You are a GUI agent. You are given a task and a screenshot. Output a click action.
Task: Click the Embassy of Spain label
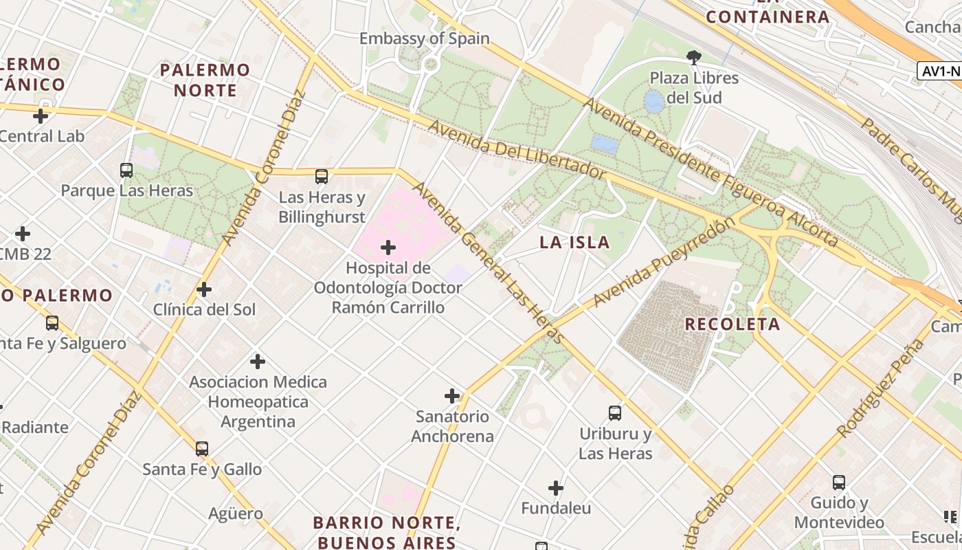click(424, 38)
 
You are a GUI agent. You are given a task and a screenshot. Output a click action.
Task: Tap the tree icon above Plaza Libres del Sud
click(694, 57)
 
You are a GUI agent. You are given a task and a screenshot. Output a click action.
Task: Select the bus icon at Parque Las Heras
click(126, 170)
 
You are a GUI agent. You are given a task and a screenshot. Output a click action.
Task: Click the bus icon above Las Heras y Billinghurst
click(322, 177)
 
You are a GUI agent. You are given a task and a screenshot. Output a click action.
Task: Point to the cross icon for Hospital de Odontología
click(388, 247)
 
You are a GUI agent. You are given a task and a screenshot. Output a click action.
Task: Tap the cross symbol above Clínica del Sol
click(204, 289)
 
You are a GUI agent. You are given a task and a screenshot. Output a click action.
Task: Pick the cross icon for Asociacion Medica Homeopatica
click(258, 362)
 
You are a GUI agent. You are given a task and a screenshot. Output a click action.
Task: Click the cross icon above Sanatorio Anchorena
click(452, 396)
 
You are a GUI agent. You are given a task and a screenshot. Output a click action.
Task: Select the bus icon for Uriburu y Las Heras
click(615, 413)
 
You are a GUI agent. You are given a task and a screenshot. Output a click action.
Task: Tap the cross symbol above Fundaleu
click(556, 489)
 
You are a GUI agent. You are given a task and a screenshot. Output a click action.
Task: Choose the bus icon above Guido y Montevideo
click(839, 483)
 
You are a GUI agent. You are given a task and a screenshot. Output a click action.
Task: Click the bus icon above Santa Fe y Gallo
click(201, 449)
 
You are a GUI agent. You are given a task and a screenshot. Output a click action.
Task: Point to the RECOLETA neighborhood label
click(732, 324)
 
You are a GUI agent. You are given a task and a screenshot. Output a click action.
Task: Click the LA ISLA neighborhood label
click(574, 242)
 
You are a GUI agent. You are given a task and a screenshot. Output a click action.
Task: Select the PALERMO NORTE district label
click(205, 80)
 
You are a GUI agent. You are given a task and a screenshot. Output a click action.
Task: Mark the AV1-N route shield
click(940, 71)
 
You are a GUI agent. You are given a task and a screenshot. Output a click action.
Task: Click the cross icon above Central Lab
click(41, 116)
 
